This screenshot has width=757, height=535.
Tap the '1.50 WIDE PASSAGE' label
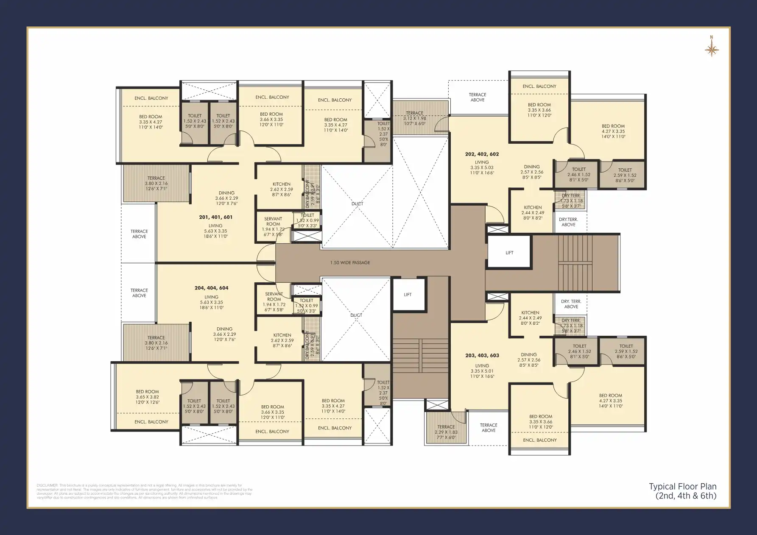[350, 263]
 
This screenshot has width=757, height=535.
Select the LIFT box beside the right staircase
[509, 252]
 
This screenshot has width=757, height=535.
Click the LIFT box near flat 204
[408, 295]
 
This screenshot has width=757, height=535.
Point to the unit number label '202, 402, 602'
[482, 154]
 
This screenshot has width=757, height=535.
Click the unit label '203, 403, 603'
[482, 356]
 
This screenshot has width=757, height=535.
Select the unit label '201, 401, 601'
[215, 217]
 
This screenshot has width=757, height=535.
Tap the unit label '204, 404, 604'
[211, 288]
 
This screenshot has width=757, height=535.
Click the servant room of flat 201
[273, 226]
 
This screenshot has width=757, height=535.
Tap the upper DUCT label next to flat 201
[357, 204]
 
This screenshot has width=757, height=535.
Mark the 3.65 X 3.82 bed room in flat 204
[147, 397]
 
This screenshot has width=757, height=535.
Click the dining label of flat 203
[528, 355]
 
